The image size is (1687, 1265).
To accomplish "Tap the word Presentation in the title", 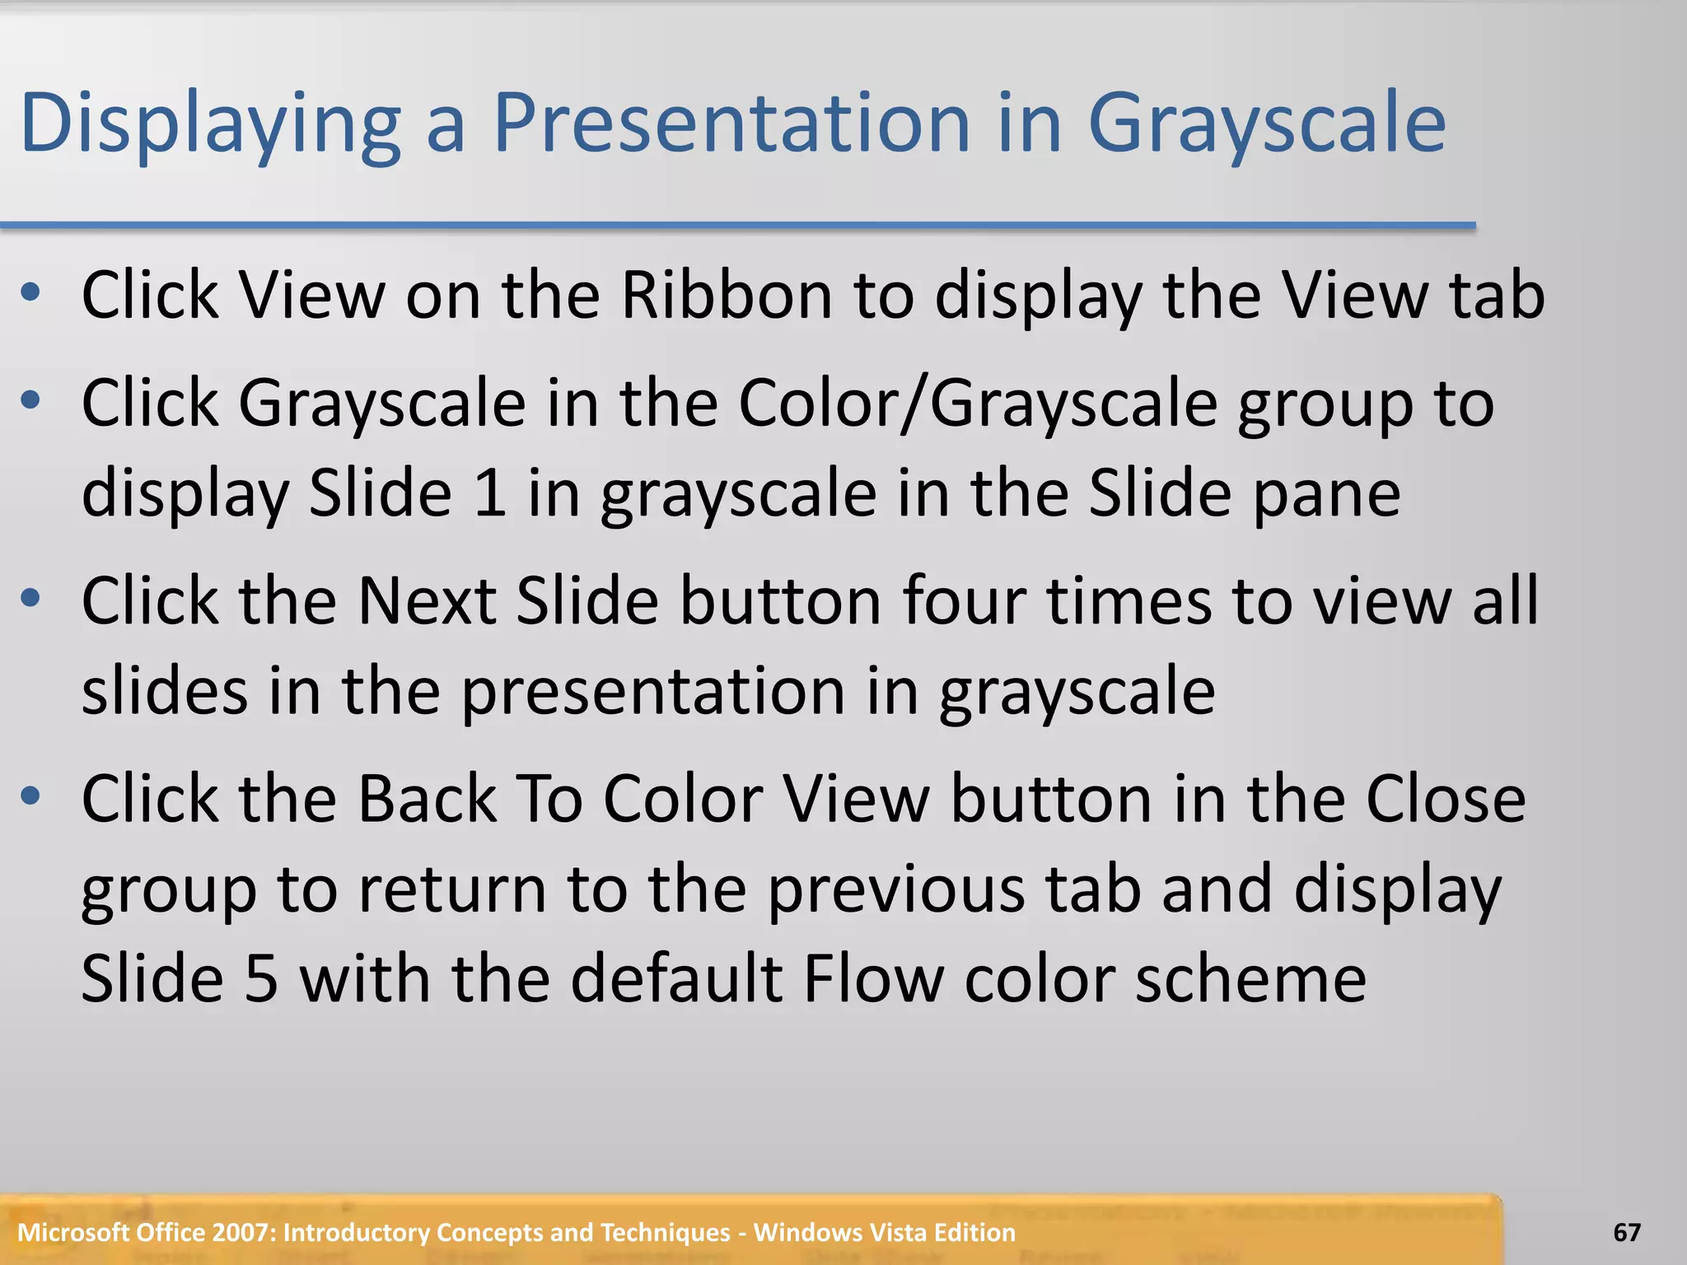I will (731, 124).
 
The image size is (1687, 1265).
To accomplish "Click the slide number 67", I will (1626, 1233).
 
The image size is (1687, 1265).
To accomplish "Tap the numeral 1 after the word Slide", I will (490, 493).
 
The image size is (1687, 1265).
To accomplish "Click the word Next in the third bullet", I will (427, 601).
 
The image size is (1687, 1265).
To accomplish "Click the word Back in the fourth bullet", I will (427, 799).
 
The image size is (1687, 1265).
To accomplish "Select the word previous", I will (895, 889).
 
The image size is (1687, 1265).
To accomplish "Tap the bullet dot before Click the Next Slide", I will (31, 598).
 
